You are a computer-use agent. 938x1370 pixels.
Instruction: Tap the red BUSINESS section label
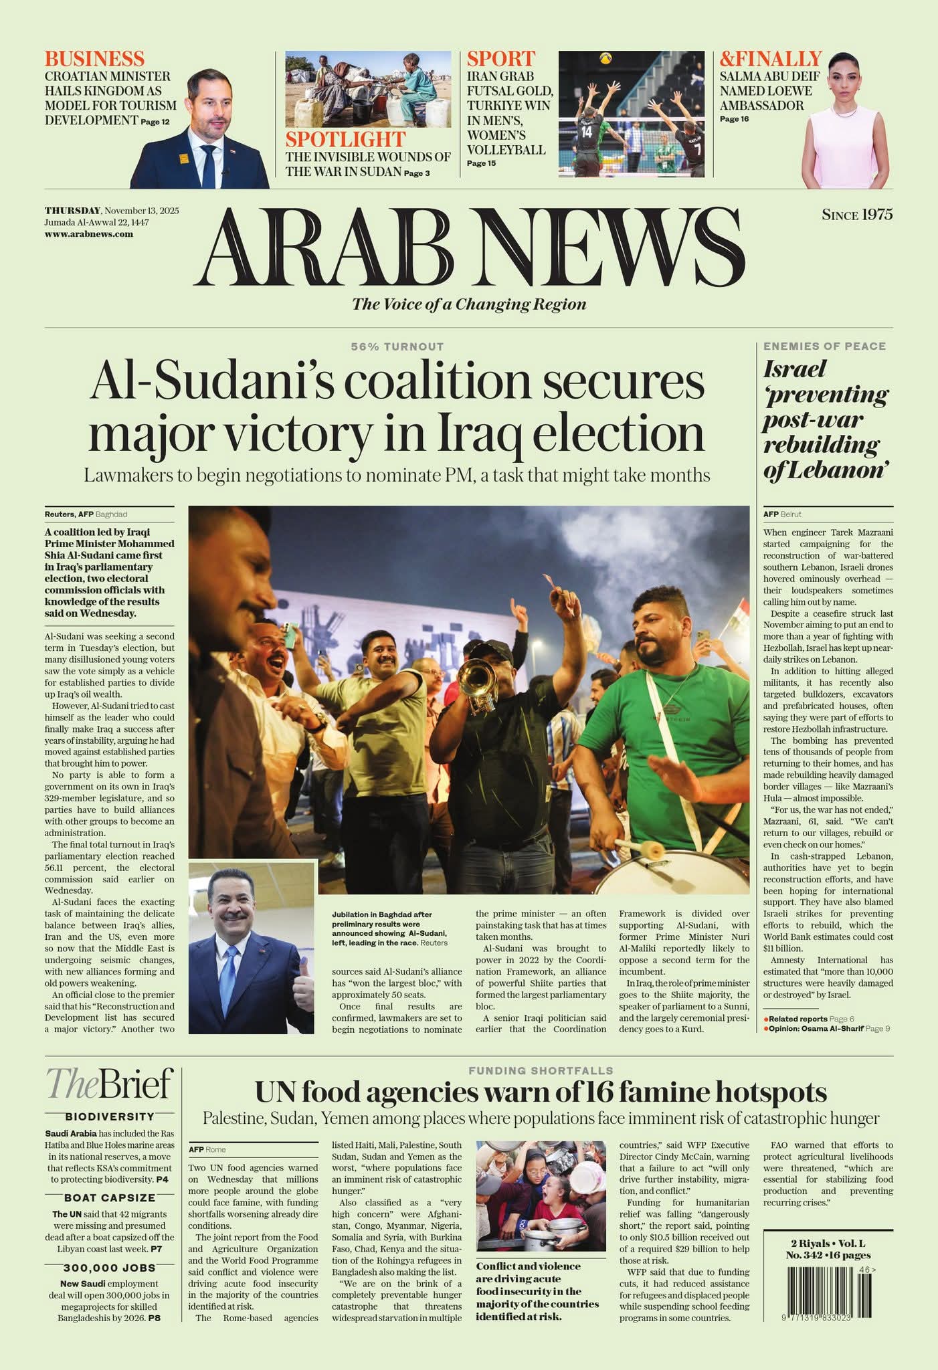(94, 58)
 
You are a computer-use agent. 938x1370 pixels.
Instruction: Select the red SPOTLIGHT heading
(345, 139)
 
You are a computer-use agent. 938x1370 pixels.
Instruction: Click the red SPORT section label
(500, 58)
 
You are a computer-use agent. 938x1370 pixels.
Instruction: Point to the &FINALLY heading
(770, 58)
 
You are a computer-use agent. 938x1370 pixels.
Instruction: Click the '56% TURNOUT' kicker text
(397, 347)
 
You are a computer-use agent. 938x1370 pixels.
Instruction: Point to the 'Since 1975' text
(857, 215)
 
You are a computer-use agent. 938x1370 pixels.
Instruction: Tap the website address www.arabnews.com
(88, 234)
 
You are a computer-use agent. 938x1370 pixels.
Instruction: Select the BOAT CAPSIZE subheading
(110, 1197)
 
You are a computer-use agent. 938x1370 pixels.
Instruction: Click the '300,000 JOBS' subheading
(110, 1268)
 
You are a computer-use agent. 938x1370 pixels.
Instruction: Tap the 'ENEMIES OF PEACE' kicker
(824, 347)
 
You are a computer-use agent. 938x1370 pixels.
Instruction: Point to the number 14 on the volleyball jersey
(586, 132)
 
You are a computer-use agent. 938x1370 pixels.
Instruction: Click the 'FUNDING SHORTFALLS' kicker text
(541, 1071)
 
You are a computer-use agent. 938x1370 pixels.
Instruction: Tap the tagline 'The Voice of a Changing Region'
(469, 304)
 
